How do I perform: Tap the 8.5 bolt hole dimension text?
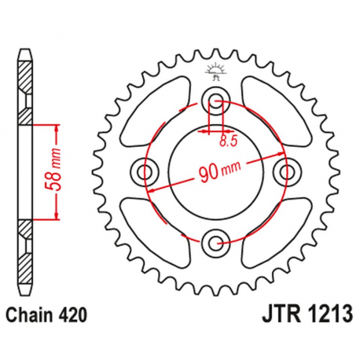[x=228, y=141]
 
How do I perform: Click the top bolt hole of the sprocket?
[x=215, y=100]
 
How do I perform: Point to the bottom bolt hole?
[x=215, y=241]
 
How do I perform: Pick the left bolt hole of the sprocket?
[x=144, y=171]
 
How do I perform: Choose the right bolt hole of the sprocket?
[x=285, y=171]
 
